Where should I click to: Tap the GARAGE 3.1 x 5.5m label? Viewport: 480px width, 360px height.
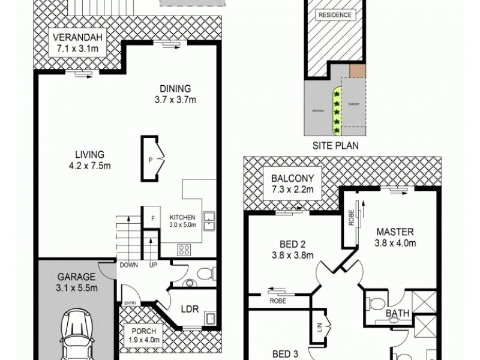77,282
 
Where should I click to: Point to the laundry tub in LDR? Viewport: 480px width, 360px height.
210,318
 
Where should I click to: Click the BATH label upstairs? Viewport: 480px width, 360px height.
397,313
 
